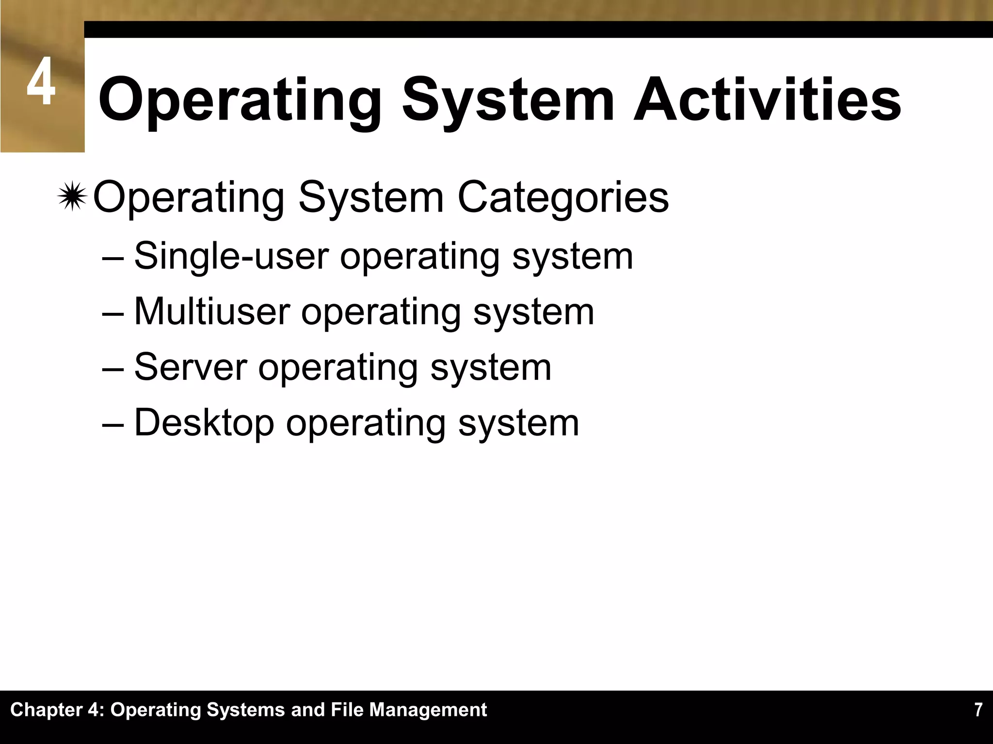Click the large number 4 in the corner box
41,82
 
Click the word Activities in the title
767,100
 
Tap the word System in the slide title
508,100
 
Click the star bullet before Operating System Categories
72,196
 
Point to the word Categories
563,198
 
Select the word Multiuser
212,311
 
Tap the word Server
191,367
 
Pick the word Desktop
204,423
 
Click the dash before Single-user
113,257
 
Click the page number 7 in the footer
978,710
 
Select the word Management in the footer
428,710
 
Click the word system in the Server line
491,367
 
